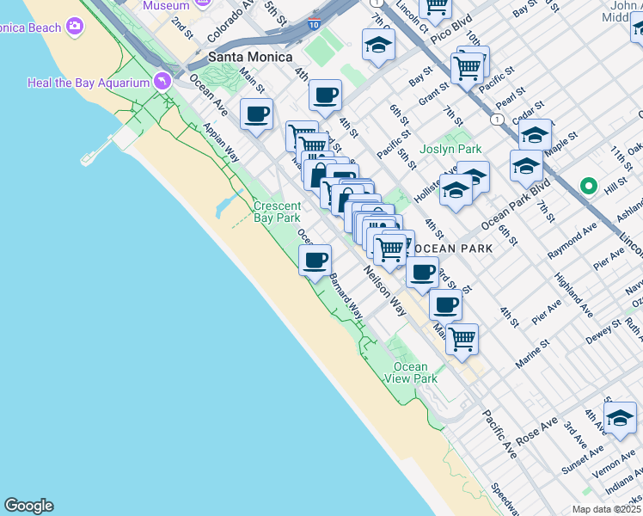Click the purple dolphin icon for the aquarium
[x=162, y=81]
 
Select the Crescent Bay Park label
[x=277, y=212]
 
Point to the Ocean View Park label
[x=411, y=372]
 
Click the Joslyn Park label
[x=450, y=149]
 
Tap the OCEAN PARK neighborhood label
[x=453, y=249]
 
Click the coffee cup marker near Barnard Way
[x=315, y=259]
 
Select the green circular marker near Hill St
[x=589, y=185]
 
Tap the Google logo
[x=28, y=506]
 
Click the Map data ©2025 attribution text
[x=606, y=509]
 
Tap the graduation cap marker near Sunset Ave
[x=620, y=417]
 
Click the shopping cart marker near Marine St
[x=462, y=339]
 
